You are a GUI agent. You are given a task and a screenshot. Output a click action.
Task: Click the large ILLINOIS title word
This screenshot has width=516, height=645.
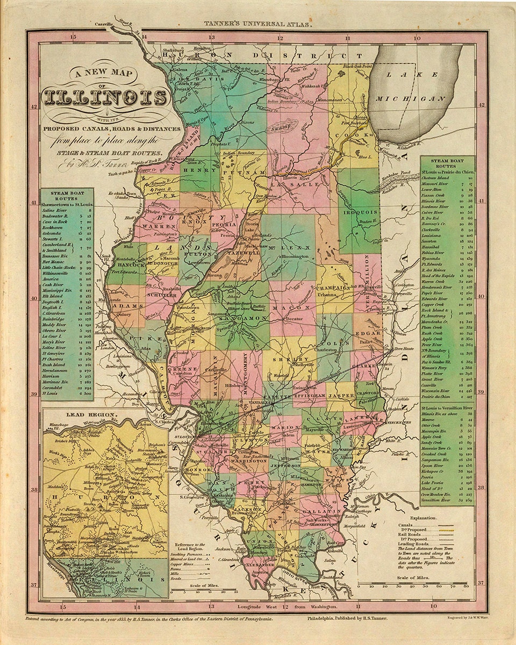[105, 97]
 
